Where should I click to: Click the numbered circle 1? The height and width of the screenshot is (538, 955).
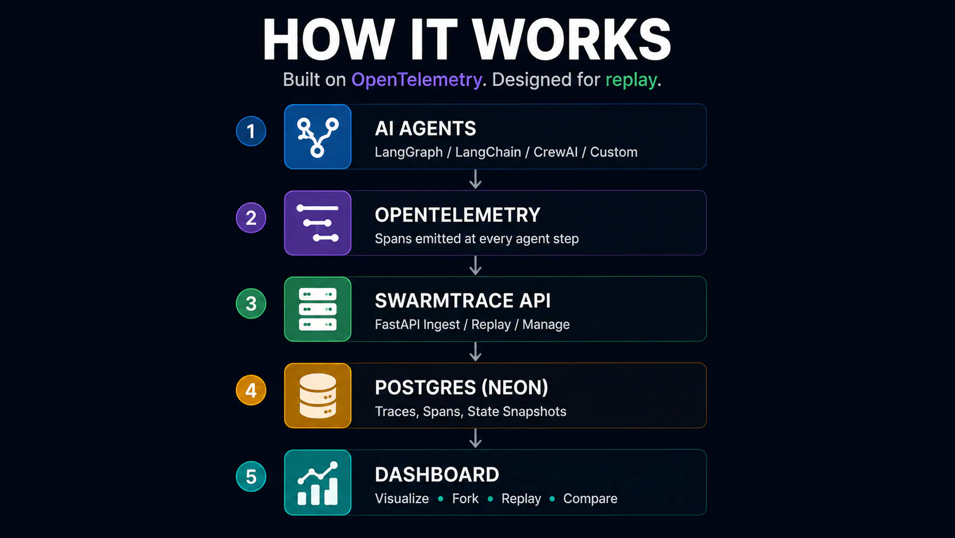pos(251,131)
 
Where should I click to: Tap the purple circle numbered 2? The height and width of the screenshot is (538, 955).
pos(251,218)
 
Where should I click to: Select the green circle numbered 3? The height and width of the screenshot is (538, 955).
pos(251,304)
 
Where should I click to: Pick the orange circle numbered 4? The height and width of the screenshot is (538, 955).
pos(251,390)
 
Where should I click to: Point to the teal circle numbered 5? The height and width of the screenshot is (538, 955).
pos(251,477)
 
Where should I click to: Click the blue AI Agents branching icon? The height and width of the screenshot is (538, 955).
pos(318,137)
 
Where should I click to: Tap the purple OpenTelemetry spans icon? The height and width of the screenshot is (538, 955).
pos(318,223)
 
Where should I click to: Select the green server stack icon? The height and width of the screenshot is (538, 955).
pos(318,309)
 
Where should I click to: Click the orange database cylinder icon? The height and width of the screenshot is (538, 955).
pos(318,396)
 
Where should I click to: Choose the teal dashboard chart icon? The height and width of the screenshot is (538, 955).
pos(318,483)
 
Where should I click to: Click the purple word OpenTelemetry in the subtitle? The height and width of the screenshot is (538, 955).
pos(416,80)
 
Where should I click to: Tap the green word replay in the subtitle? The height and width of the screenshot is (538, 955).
pos(631,80)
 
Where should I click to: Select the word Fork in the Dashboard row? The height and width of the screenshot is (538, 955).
pos(465,499)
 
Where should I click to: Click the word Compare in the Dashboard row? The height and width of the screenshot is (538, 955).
pos(590,499)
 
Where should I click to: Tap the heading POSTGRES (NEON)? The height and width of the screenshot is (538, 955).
pos(462,388)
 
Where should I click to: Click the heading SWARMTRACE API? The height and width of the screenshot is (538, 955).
pos(463,301)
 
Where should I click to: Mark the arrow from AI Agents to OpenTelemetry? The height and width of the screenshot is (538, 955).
pos(475,179)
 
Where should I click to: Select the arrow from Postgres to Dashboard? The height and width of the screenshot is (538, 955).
pos(475,438)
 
